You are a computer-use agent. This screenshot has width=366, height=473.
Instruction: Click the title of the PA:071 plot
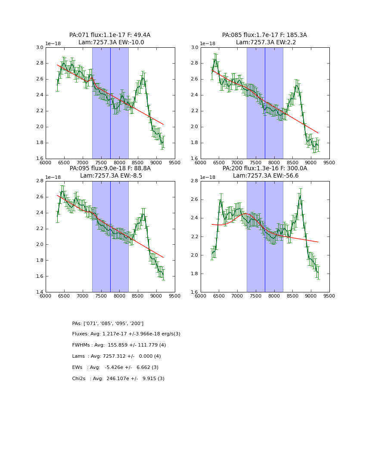[x=110, y=39]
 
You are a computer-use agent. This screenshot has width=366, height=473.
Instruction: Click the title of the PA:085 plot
[x=264, y=39]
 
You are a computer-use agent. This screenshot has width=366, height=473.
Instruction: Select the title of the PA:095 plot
[x=110, y=172]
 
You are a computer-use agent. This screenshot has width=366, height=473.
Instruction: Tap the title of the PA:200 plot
[x=264, y=172]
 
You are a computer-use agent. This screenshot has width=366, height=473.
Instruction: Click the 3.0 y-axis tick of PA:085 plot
[x=195, y=48]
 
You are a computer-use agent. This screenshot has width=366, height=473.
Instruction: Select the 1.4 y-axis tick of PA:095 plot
[x=40, y=292]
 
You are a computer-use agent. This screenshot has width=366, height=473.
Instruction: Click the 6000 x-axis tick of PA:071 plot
[x=46, y=163]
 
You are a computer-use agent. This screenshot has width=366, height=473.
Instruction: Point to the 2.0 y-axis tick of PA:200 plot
[x=195, y=255]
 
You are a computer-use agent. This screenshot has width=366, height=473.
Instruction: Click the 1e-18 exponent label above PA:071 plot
[x=53, y=43]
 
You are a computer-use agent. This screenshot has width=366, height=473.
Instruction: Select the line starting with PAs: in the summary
[x=108, y=323]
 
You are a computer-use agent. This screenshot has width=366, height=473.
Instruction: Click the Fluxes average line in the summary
[x=126, y=334]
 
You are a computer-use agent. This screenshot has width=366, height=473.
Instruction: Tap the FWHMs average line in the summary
[x=119, y=345]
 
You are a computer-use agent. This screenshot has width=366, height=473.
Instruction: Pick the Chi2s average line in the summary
[x=118, y=379]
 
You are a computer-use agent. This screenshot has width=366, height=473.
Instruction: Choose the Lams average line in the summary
[x=116, y=356]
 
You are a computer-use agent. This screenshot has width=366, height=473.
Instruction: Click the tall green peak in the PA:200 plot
[x=300, y=196]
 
